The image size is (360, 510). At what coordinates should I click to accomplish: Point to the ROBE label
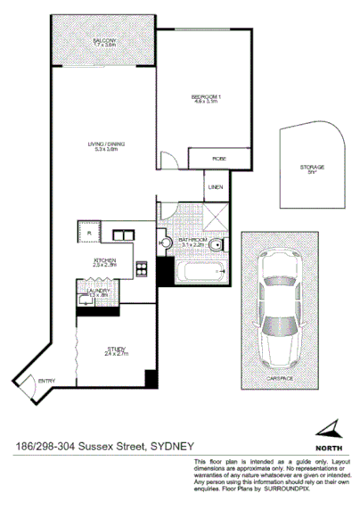218,160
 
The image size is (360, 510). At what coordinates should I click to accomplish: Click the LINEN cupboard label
215,187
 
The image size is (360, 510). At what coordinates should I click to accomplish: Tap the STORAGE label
312,168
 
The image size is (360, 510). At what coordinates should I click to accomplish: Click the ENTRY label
46,382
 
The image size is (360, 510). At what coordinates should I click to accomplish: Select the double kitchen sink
123,235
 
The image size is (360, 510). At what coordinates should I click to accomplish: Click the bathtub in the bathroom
195,272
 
